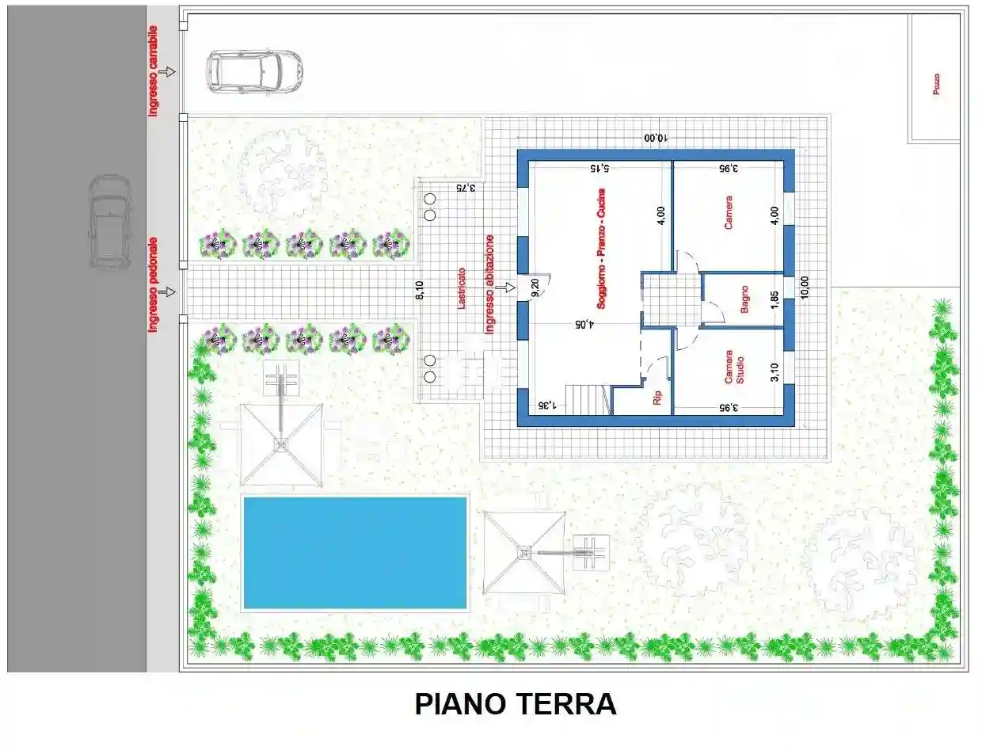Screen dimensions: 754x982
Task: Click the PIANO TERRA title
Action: (515, 703)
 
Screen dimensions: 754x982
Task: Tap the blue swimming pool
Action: (355, 553)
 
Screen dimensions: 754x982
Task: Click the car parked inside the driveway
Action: (254, 71)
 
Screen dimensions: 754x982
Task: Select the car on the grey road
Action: (109, 222)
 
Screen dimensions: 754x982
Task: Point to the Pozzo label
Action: (936, 85)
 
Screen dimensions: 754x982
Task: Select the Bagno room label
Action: (744, 299)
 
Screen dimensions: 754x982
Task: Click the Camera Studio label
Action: (734, 367)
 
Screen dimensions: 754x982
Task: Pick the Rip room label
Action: (657, 398)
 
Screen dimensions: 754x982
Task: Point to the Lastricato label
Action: (462, 288)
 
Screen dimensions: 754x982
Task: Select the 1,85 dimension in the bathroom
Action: (775, 300)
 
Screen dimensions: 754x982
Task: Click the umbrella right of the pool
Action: (523, 552)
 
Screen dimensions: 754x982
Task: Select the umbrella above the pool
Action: (281, 444)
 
